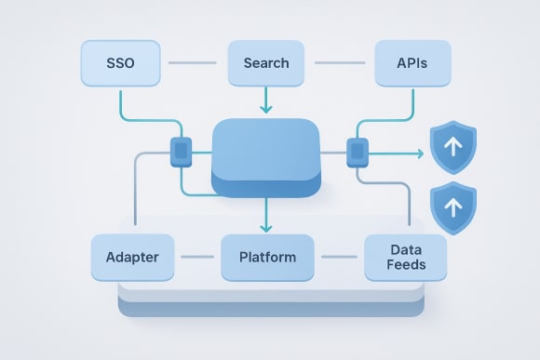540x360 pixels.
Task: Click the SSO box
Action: tap(120, 64)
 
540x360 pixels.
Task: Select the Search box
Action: tap(265, 64)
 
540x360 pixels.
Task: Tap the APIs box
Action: tap(412, 64)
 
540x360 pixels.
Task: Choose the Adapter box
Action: tap(131, 257)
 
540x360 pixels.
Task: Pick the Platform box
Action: tap(267, 257)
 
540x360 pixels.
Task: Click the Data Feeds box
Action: tap(406, 257)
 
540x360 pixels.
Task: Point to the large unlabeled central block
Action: tap(266, 155)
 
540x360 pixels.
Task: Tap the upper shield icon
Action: tap(452, 148)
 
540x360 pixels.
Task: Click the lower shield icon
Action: tap(452, 206)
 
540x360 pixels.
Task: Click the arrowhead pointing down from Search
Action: tap(266, 110)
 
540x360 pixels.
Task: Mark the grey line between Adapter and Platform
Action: tap(196, 257)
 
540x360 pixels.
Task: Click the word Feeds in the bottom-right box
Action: tap(406, 265)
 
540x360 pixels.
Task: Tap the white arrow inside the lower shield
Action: tap(452, 205)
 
